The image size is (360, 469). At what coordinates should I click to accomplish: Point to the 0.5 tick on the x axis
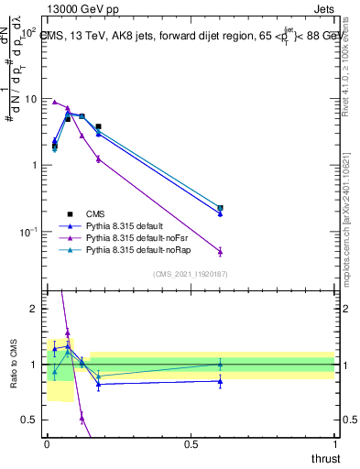pyautogui.click(x=191, y=443)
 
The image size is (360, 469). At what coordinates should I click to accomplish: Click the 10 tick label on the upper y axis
pyautogui.click(x=30, y=99)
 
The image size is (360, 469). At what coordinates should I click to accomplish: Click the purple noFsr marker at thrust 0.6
pyautogui.click(x=220, y=251)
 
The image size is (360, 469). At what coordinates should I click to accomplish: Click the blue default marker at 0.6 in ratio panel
pyautogui.click(x=220, y=380)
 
